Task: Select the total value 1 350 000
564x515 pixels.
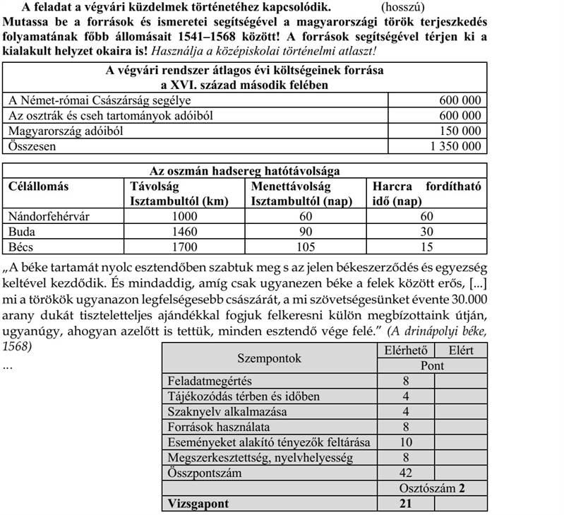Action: [x=455, y=146]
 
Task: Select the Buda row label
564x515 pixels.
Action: [x=22, y=232]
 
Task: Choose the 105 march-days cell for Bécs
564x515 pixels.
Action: [x=306, y=247]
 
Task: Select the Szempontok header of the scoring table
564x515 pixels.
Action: [x=270, y=358]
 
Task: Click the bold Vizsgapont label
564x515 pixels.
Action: [x=200, y=504]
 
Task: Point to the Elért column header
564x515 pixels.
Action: [x=460, y=350]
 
